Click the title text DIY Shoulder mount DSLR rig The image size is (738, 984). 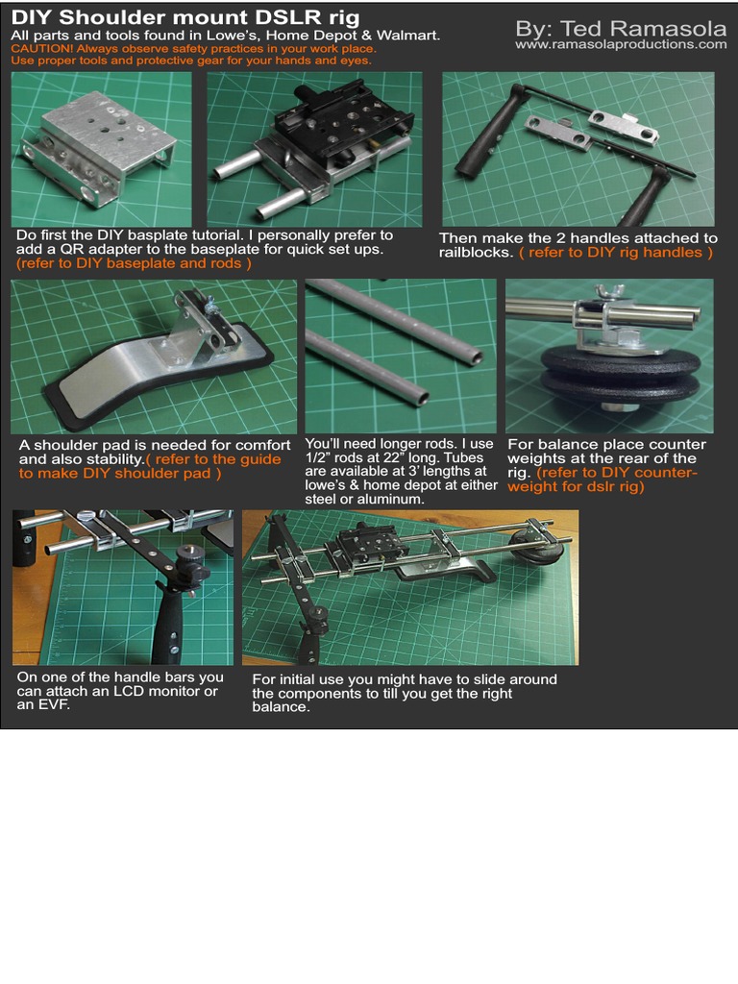pyautogui.click(x=185, y=17)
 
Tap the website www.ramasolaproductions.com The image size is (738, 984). pyautogui.click(x=621, y=44)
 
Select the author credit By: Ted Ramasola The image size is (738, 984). pyautogui.click(x=621, y=28)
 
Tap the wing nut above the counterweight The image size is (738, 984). pyautogui.click(x=608, y=291)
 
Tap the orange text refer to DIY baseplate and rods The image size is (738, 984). pyautogui.click(x=134, y=263)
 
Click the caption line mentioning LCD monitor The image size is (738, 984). pyautogui.click(x=117, y=691)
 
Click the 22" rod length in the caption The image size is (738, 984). pyautogui.click(x=392, y=457)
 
